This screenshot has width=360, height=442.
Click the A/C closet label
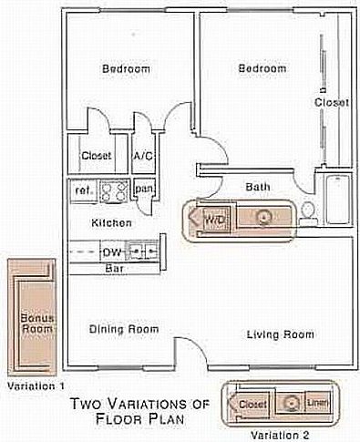coord(143,156)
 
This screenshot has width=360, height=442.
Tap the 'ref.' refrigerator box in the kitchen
coord(83,190)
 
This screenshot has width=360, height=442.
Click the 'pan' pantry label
coord(144,189)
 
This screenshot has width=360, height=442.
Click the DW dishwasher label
coord(112,251)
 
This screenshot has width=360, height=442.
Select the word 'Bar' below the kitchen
coord(115,269)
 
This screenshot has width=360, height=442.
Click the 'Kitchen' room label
coord(111,222)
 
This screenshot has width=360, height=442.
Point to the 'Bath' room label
coord(258,187)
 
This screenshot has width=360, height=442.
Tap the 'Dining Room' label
coord(123,329)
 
